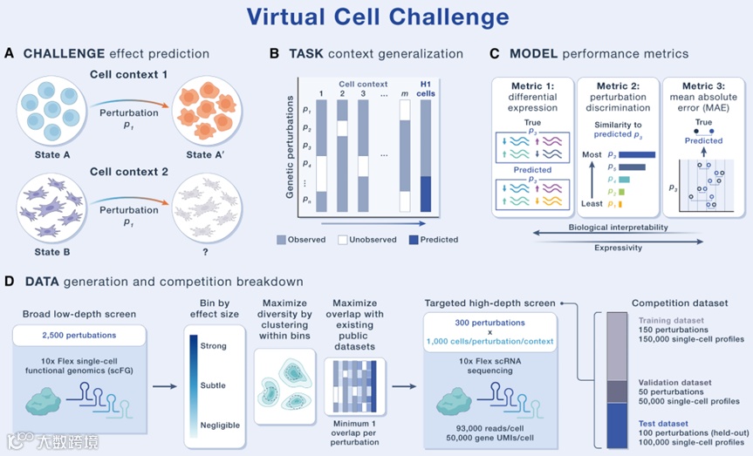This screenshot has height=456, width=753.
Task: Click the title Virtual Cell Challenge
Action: [x=376, y=17]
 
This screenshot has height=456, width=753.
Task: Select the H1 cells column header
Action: [x=427, y=89]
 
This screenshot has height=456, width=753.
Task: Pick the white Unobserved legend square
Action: [x=344, y=239]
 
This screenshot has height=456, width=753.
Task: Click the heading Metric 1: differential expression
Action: [x=532, y=96]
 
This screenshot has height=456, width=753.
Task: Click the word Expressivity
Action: [x=619, y=248]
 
